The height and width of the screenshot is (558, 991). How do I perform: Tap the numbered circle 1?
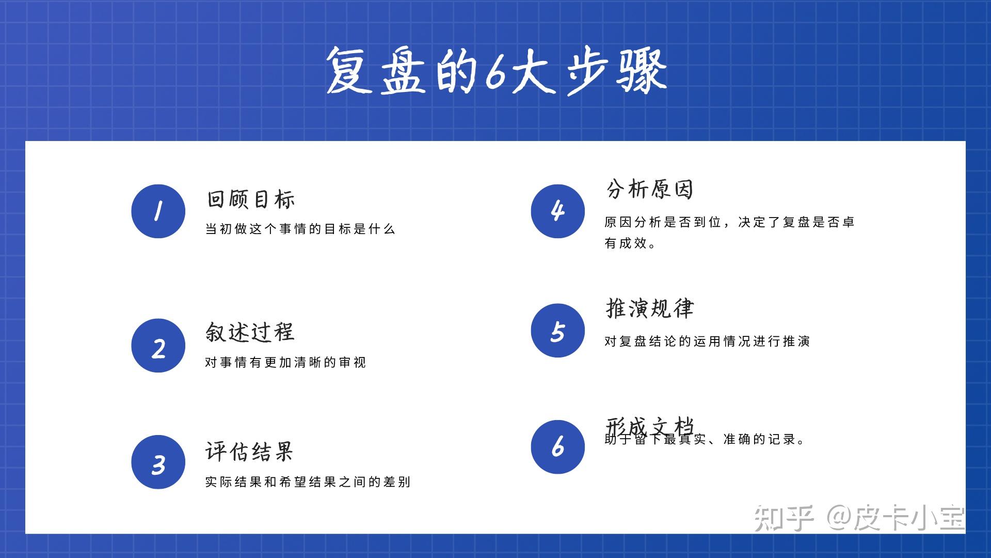(x=158, y=211)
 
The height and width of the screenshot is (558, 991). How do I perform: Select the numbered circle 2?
(x=158, y=346)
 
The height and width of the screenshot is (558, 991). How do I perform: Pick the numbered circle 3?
(x=158, y=462)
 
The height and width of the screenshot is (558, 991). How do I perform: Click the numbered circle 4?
(x=557, y=211)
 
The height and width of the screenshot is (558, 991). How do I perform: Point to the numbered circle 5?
(x=557, y=331)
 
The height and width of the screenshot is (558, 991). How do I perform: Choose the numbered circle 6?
(x=557, y=447)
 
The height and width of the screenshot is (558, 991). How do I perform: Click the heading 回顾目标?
(x=251, y=199)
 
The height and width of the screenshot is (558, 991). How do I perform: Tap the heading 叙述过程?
(x=250, y=332)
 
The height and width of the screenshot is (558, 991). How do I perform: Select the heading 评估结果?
(x=249, y=452)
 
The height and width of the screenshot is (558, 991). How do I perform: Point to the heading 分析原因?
(x=650, y=189)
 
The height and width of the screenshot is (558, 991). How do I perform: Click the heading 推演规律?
(x=650, y=308)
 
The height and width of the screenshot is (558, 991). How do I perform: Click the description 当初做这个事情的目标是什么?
(x=300, y=229)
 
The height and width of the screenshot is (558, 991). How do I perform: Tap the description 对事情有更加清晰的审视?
(x=285, y=363)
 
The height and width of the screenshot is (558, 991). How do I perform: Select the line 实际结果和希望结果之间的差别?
(x=308, y=482)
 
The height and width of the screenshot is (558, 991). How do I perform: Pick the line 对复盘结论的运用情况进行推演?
(x=707, y=342)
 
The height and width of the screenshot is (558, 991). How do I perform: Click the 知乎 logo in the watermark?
(x=784, y=518)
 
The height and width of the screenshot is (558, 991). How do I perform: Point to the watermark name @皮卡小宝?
(x=896, y=518)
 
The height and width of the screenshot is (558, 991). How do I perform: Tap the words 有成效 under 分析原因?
(x=626, y=243)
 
